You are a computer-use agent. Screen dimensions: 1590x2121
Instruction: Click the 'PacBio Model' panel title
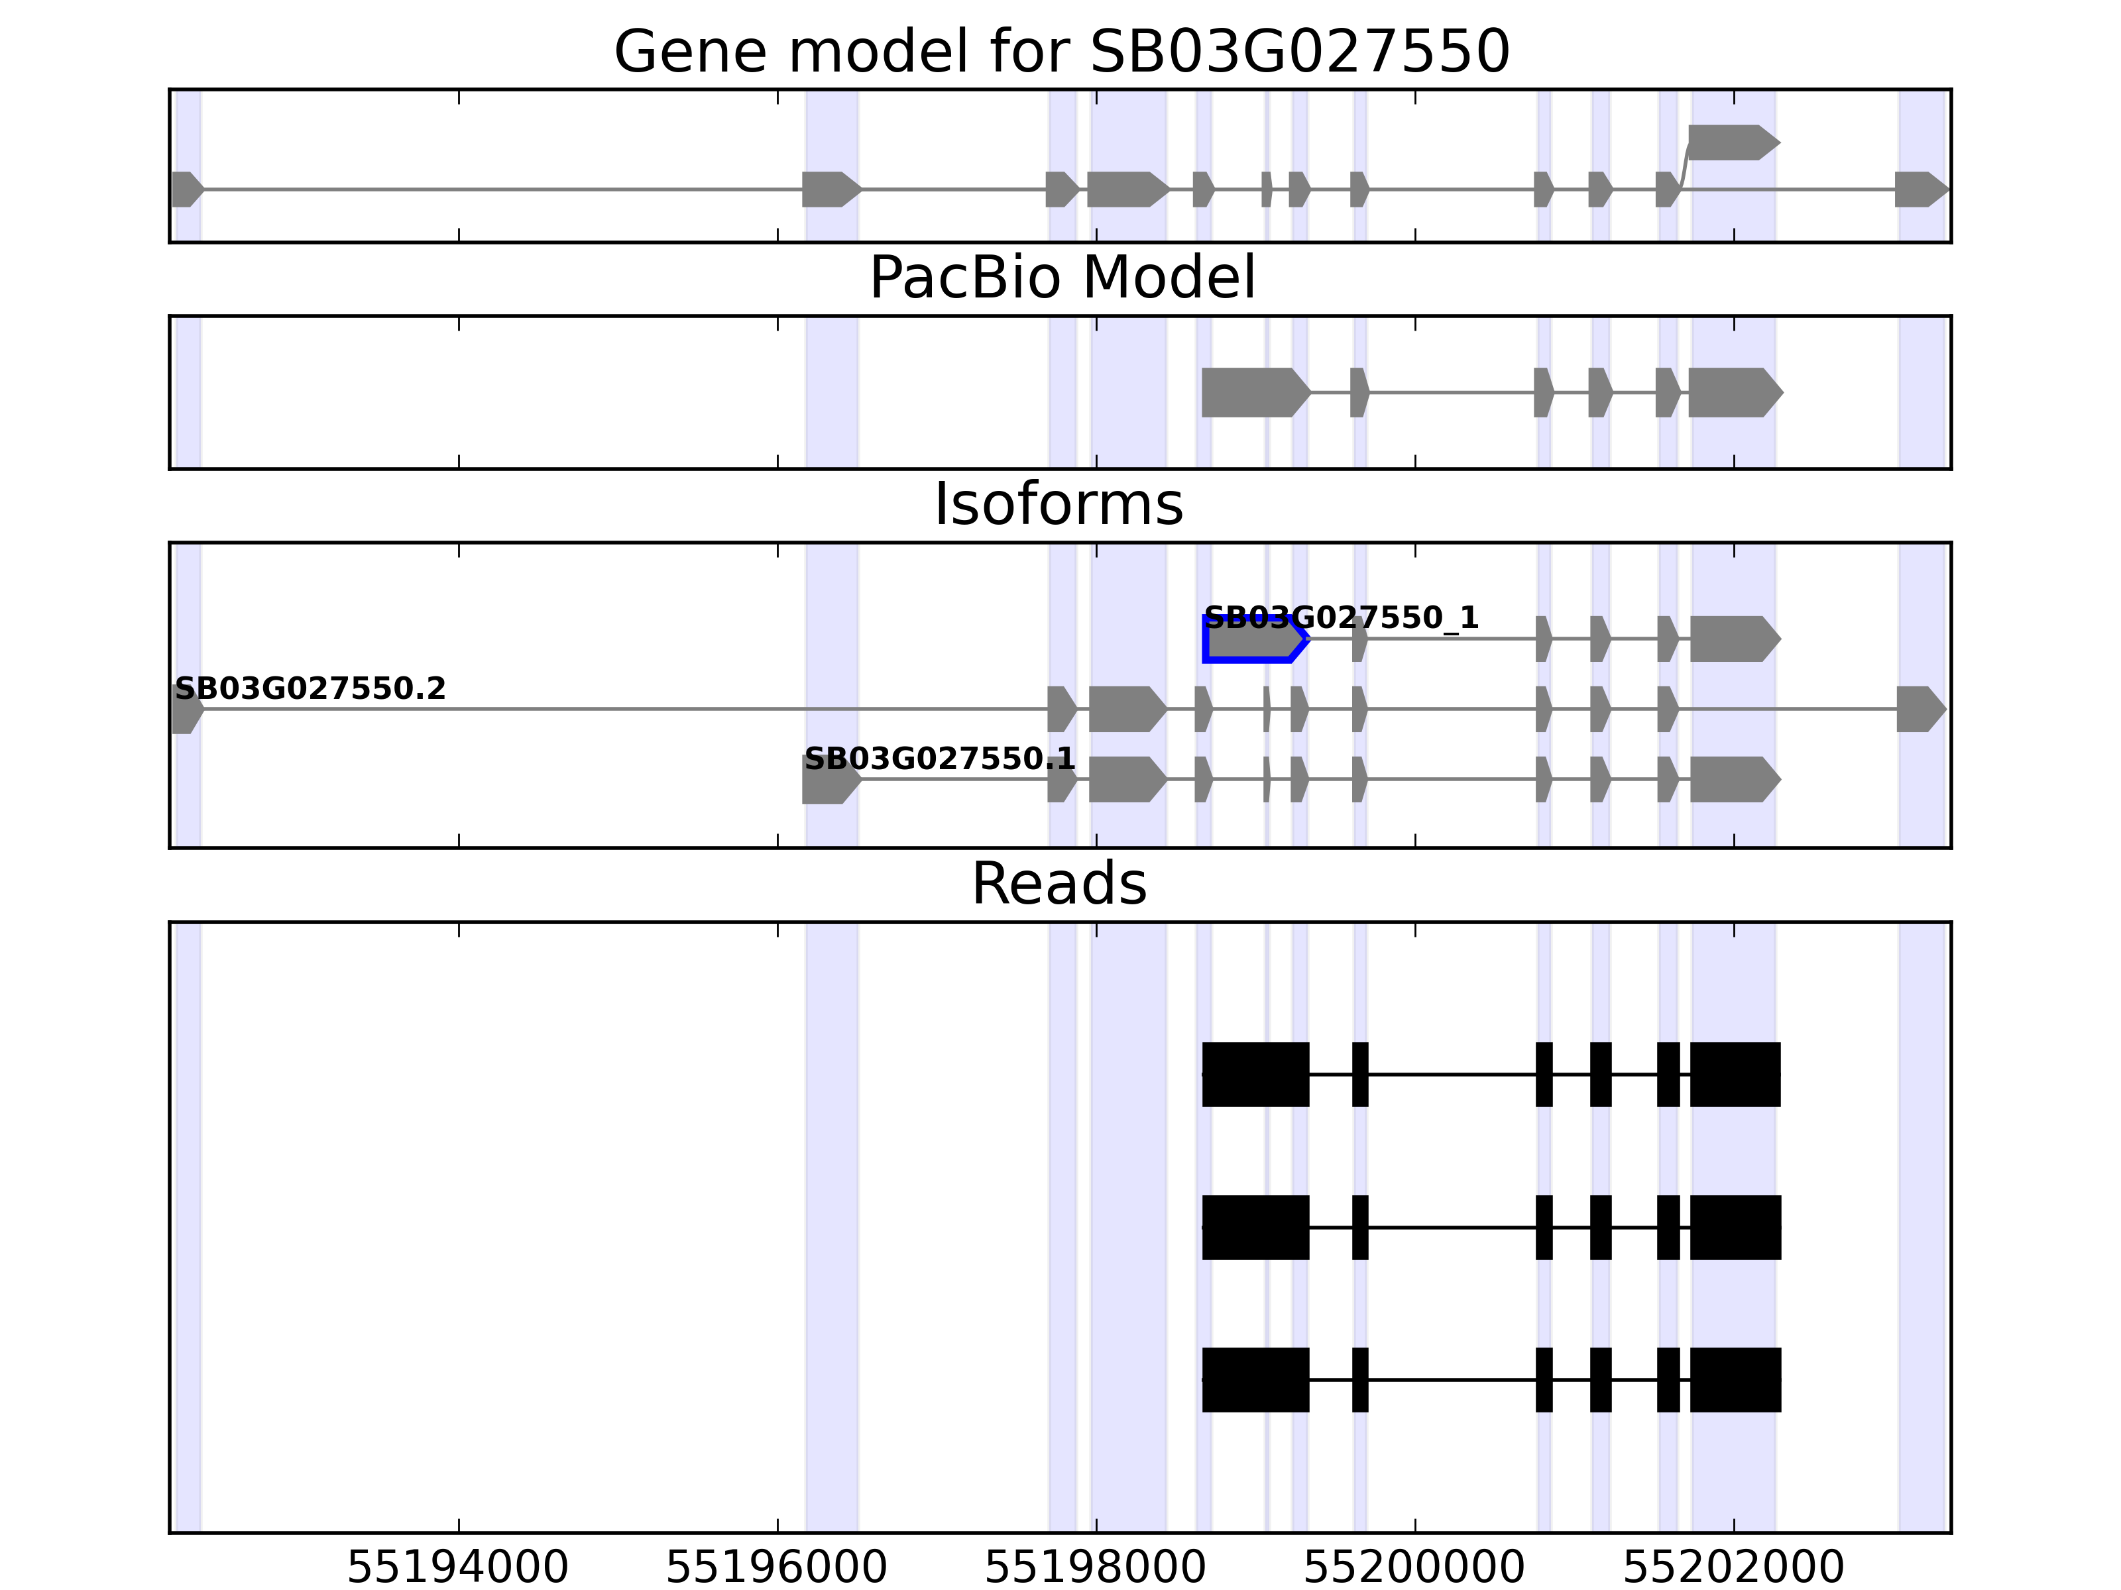pyautogui.click(x=1061, y=278)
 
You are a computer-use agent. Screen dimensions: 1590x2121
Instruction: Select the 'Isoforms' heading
pyautogui.click(x=1059, y=505)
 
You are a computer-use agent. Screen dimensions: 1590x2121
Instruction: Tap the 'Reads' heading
pyautogui.click(x=1059, y=884)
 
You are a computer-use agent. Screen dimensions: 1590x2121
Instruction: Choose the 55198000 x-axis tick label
pyautogui.click(x=1095, y=1568)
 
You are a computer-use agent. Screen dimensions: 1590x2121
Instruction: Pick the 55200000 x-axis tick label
pyautogui.click(x=1414, y=1568)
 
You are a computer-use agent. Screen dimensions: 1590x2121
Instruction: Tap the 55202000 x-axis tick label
pyautogui.click(x=1733, y=1568)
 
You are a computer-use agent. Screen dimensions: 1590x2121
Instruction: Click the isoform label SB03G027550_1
pyautogui.click(x=1340, y=618)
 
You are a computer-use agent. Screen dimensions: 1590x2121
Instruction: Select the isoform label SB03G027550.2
pyautogui.click(x=310, y=689)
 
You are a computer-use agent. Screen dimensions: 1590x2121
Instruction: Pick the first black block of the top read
pyautogui.click(x=1255, y=1075)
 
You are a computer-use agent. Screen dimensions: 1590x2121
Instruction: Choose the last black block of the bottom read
pyautogui.click(x=1735, y=1380)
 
